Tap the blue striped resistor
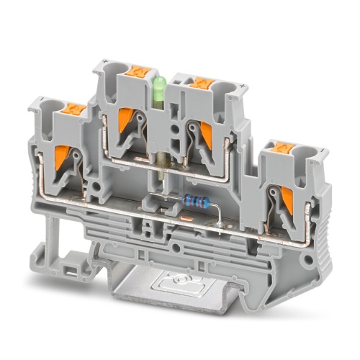point(194,201)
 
